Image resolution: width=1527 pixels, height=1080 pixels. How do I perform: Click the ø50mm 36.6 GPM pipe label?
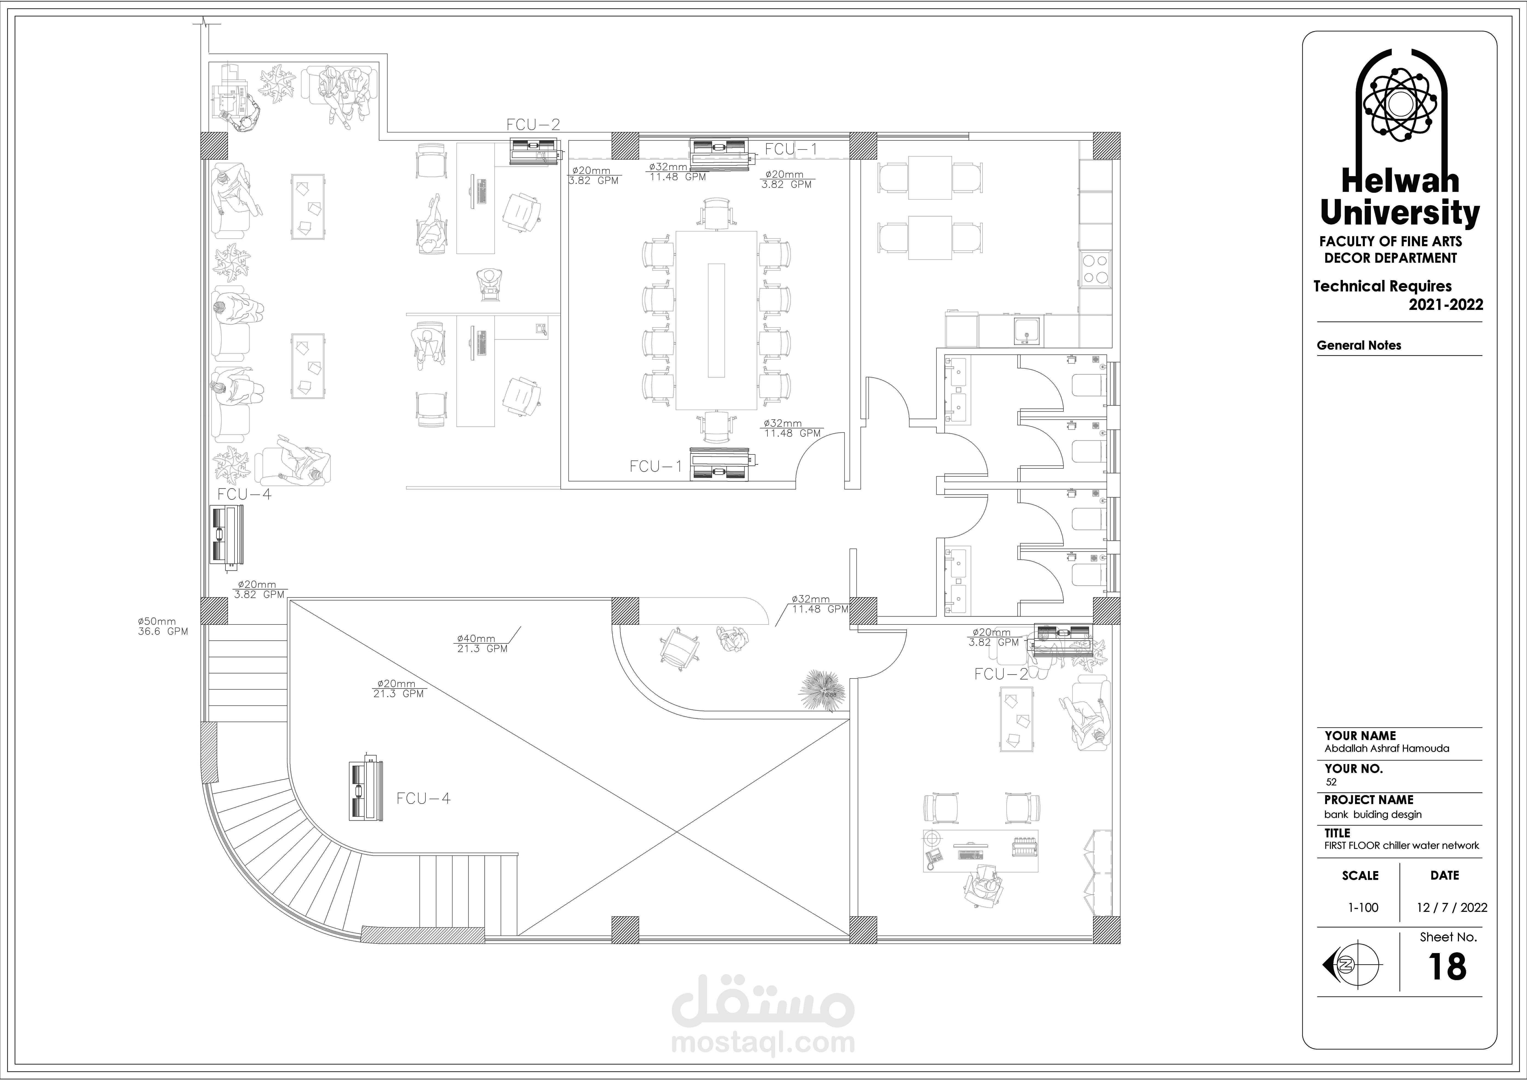pos(163,626)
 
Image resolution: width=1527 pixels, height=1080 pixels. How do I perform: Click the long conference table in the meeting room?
pos(716,320)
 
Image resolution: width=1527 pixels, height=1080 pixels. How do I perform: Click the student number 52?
pos(1331,782)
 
